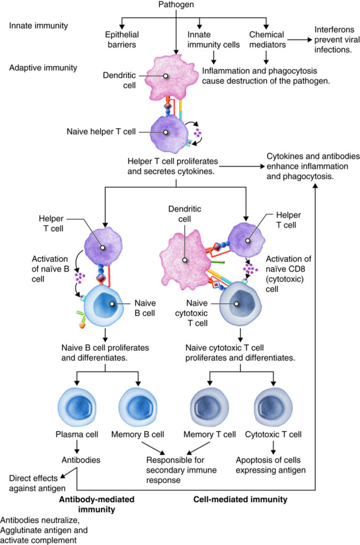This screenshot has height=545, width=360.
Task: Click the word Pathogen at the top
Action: click(175, 4)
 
